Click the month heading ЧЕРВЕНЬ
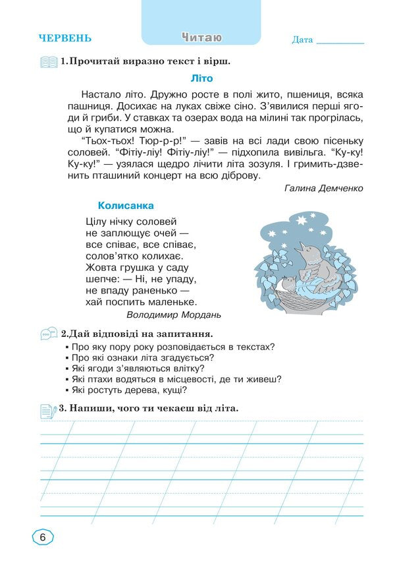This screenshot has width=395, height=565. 65,38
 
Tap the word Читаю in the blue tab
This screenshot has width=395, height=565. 201,38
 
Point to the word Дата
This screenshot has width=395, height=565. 302,40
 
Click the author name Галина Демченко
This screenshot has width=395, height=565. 324,188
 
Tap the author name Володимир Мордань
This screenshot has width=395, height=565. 174,314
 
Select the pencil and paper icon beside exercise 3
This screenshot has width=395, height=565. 48,410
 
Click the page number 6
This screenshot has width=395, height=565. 42,537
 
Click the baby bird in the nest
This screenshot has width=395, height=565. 290,283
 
